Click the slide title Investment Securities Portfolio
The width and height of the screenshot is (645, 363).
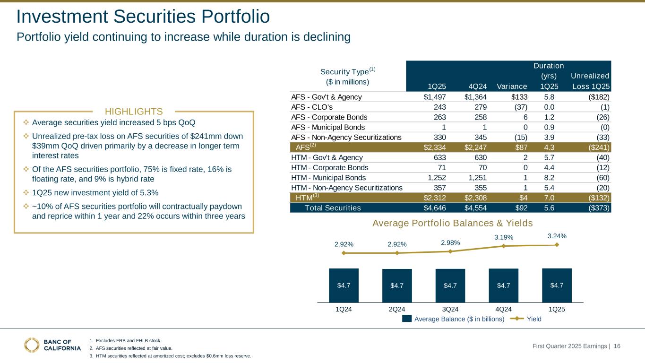coord(143,17)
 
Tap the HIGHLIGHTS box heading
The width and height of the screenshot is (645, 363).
coord(134,112)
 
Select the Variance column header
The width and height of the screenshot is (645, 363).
coord(512,86)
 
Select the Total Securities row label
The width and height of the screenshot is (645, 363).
coord(333,208)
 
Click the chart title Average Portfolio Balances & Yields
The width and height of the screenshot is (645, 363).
coord(452,223)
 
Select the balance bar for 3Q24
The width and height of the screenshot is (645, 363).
coord(450,285)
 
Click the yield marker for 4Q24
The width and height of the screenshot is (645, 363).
coord(504,246)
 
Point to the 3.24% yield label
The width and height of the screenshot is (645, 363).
coord(557,235)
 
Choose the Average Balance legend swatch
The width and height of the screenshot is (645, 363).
coord(407,319)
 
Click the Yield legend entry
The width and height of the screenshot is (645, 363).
coord(534,319)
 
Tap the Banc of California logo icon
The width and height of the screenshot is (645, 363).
coord(32,345)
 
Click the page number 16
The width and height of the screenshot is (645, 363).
coord(617,346)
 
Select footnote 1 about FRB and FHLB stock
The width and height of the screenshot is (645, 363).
coord(128,340)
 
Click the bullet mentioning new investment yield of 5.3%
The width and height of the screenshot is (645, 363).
coord(95,193)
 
